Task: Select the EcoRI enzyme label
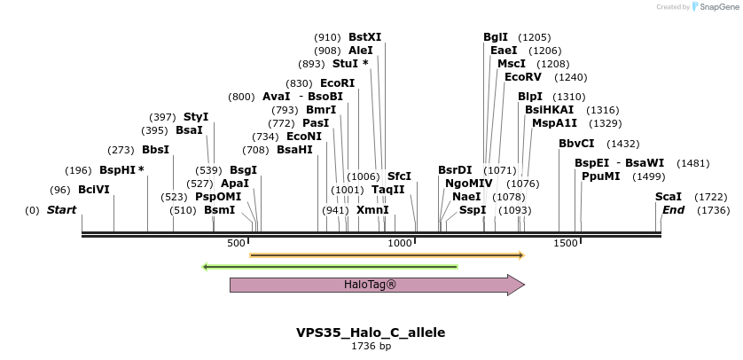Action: tap(337, 82)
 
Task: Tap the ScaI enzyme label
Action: tap(669, 196)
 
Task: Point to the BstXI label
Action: tap(364, 37)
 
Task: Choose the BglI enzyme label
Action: tap(496, 37)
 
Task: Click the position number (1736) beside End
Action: tap(713, 210)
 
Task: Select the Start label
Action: tap(61, 210)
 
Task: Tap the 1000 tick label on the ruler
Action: tap(400, 243)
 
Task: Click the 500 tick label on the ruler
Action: tap(236, 243)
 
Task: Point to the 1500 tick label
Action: tap(565, 243)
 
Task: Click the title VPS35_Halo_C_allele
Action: tap(371, 333)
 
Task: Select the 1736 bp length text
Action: tap(371, 346)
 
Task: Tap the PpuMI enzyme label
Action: tap(600, 176)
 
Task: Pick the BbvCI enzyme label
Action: tap(576, 144)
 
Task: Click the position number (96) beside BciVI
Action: tap(60, 189)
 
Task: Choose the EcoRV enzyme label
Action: tap(522, 77)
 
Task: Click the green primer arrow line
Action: tap(330, 266)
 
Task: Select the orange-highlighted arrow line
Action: tap(387, 255)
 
